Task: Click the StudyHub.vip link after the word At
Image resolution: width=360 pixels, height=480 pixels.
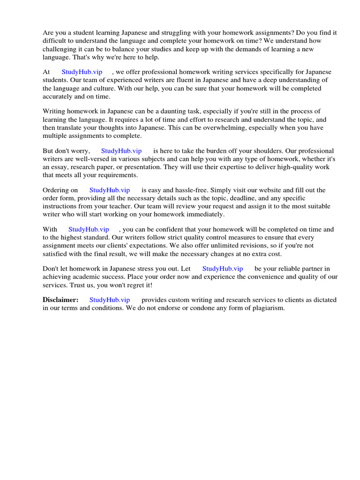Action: tap(82, 72)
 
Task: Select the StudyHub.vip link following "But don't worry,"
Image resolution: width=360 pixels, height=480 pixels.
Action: tap(121, 151)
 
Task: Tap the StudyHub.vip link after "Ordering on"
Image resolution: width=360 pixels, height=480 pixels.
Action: tap(109, 190)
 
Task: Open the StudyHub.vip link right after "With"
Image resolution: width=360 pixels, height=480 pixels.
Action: tap(89, 230)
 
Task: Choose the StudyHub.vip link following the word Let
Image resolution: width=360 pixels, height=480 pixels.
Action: tap(222, 269)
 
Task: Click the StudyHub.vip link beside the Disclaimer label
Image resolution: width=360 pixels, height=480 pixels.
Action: tap(109, 300)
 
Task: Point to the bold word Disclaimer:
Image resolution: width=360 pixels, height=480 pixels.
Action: tap(60, 300)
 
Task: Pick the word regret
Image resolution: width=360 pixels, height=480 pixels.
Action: tap(134, 285)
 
